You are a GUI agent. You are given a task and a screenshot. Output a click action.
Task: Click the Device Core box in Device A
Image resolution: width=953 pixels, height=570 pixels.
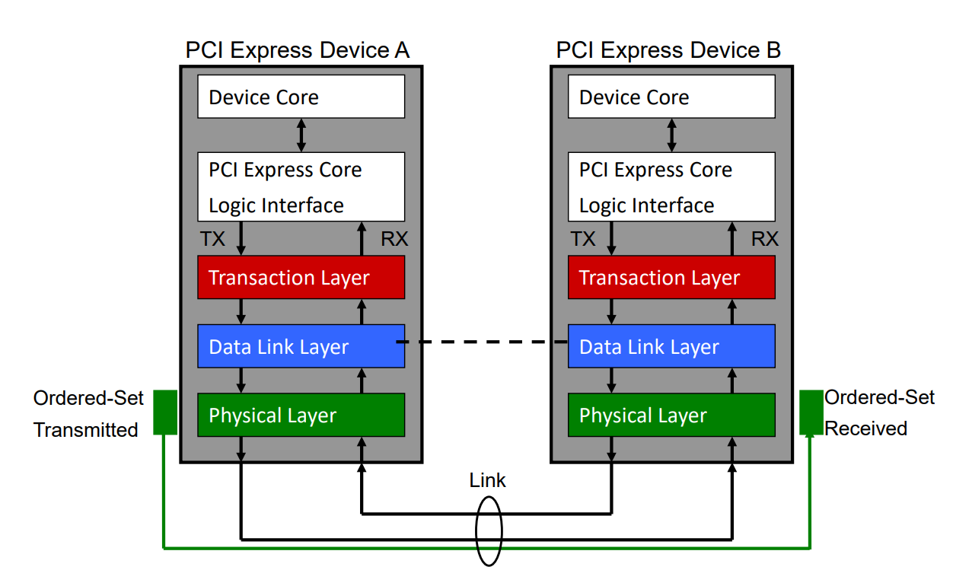coord(301,97)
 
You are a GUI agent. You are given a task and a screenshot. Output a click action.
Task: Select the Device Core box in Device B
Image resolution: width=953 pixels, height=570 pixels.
coord(671,97)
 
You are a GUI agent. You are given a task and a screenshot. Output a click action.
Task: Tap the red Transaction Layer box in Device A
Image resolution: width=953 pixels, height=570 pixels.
coord(301,277)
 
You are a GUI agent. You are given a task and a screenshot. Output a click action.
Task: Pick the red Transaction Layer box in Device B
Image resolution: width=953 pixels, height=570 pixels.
coord(671,277)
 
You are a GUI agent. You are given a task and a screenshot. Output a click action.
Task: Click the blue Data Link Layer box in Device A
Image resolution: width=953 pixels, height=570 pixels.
coord(301,346)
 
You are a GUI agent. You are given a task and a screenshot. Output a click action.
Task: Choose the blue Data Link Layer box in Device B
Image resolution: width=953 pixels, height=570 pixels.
coord(671,346)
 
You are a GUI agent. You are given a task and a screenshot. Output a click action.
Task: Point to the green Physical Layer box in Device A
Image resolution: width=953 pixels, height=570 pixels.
coord(301,415)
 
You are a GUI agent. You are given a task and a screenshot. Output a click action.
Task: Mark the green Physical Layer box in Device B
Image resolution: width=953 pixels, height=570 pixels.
coord(671,415)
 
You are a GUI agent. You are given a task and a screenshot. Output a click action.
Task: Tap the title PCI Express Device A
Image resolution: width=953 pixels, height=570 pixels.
coord(298,50)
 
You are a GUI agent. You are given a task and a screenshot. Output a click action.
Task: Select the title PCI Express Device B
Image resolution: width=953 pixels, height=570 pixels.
coord(668,50)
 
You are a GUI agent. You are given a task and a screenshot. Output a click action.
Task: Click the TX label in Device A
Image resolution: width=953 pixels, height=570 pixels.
coord(213,239)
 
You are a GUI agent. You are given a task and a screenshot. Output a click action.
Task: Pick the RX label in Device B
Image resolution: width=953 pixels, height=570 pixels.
coord(765,239)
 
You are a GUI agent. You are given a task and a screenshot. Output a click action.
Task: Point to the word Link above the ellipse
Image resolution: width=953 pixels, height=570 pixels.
coord(487,480)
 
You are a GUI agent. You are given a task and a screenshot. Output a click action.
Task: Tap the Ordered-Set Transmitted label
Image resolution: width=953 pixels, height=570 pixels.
coord(86,414)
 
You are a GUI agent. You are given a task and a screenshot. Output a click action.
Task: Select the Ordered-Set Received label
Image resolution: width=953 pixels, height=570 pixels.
coord(878,412)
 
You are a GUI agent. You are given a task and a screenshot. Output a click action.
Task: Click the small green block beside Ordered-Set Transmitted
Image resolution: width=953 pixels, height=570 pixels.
coord(164,412)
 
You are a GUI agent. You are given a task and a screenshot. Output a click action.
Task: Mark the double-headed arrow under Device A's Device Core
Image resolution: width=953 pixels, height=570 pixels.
coord(301,135)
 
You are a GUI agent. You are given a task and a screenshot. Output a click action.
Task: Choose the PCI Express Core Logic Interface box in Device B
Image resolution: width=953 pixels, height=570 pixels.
coord(671,186)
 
